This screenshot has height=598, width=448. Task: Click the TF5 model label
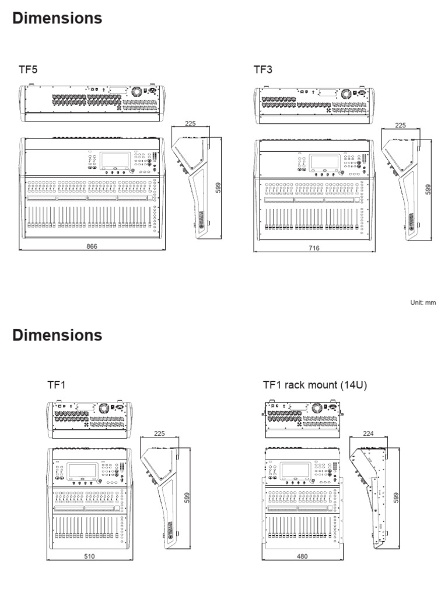coord(29,70)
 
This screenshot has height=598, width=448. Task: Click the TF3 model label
coord(262,70)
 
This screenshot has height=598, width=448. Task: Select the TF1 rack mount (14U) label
coord(314,385)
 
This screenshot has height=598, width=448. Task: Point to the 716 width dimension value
coord(314,248)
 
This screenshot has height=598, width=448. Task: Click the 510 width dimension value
coord(89,556)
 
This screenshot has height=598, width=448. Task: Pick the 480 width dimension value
coord(302,556)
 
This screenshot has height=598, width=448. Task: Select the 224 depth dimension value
coord(367,433)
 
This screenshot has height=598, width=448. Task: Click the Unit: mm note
coord(423,302)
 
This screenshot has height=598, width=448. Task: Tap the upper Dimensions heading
coord(57,19)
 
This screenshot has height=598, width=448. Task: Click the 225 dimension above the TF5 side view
coord(190,124)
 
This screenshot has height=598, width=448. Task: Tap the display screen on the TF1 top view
coord(81,471)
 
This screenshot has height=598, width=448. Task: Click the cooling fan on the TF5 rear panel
coord(137,92)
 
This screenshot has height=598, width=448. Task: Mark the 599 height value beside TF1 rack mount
coord(396,497)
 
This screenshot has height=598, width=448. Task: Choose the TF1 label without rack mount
coord(56,385)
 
